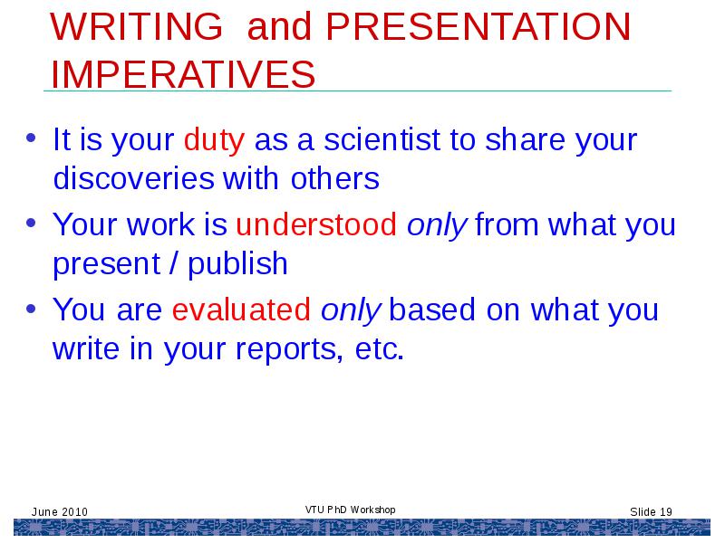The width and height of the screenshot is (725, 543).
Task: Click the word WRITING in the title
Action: click(x=137, y=26)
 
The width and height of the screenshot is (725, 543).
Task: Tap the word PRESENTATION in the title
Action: click(x=478, y=26)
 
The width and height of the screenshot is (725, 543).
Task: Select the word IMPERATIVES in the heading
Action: click(x=183, y=74)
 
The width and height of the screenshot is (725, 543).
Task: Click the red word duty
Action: click(x=214, y=140)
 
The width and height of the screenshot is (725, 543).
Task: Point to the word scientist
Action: click(x=382, y=139)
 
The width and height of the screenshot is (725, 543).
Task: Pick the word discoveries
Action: click(x=133, y=178)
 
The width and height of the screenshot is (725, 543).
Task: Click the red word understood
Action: click(x=316, y=224)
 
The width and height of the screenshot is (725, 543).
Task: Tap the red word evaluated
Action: click(x=241, y=310)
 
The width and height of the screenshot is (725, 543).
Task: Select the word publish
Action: click(x=237, y=264)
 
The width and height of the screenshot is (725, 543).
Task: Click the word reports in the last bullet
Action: click(x=289, y=350)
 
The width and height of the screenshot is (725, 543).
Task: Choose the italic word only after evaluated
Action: click(x=351, y=311)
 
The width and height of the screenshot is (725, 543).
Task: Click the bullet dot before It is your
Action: click(x=31, y=138)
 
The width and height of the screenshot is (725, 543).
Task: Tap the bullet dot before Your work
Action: click(x=31, y=223)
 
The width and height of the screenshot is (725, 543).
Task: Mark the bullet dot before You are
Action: click(x=31, y=308)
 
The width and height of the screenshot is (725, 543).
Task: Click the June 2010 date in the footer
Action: click(x=59, y=511)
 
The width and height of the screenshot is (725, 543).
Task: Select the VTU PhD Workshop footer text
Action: click(x=350, y=510)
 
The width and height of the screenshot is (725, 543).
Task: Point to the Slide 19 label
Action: click(x=651, y=511)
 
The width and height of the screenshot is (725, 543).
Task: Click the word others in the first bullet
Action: click(x=334, y=178)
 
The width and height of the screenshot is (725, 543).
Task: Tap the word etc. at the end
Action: click(x=380, y=349)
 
